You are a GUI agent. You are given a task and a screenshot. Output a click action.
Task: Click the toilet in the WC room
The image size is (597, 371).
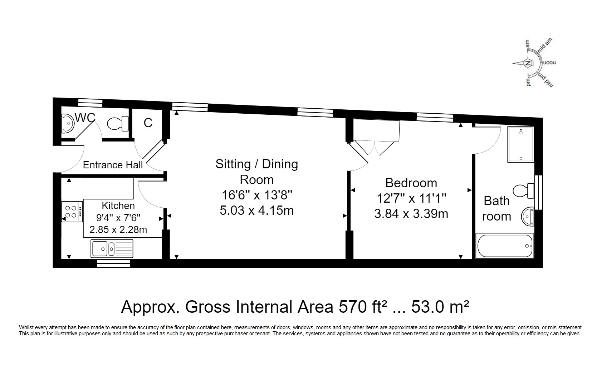[x=118, y=124]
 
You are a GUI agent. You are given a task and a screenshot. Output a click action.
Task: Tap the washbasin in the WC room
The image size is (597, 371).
[x=68, y=124]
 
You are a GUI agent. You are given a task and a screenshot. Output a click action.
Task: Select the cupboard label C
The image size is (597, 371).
[x=148, y=123]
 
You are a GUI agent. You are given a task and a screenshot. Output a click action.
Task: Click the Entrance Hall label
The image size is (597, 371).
[x=113, y=165]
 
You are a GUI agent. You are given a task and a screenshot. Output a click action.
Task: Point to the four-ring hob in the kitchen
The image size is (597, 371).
[x=72, y=212]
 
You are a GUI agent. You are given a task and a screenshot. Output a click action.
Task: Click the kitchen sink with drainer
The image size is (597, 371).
[x=112, y=249]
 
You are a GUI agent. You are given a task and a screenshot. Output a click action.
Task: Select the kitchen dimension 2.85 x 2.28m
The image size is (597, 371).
[x=118, y=229]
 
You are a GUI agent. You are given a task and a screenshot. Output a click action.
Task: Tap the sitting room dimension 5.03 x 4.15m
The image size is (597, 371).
[x=257, y=211]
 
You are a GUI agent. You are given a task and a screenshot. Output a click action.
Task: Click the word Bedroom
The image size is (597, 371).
[x=411, y=183]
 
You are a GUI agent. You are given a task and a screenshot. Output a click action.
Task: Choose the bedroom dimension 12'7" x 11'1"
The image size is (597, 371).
[x=411, y=198]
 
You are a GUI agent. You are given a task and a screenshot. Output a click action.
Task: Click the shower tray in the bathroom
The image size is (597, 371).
[x=521, y=144]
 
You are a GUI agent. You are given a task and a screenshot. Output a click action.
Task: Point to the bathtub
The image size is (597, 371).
[x=505, y=246]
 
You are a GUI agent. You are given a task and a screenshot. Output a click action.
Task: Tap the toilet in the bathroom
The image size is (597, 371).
[x=524, y=191]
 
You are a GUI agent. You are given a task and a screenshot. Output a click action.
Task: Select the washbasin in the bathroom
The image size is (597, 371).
[x=528, y=216]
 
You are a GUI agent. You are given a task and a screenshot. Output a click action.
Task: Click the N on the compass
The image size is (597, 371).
[x=528, y=63]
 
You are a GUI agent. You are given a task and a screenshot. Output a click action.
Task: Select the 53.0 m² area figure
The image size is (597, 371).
[x=440, y=307]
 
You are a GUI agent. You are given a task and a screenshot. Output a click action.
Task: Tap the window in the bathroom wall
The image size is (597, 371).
[x=539, y=192]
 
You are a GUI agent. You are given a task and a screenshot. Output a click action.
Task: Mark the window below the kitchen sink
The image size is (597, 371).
[x=113, y=263]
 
